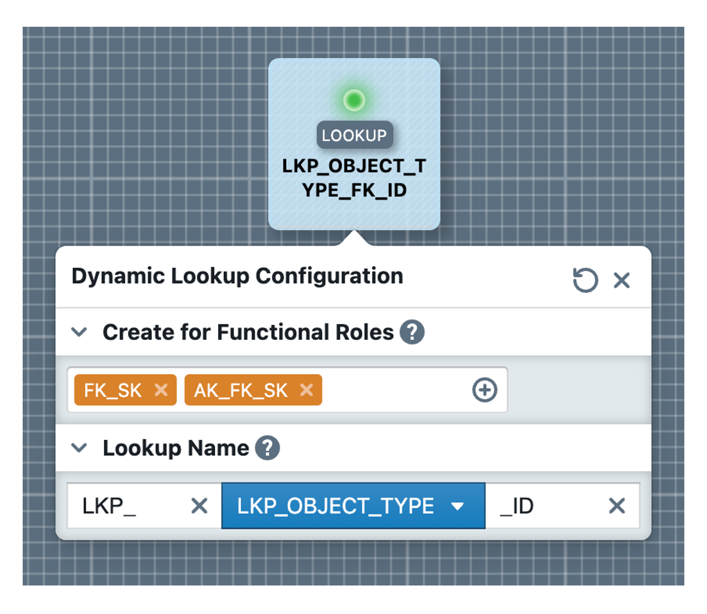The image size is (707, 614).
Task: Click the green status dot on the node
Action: click(x=353, y=100)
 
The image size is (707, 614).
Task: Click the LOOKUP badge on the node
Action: click(x=355, y=135)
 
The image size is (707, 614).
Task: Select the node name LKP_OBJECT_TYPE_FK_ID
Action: click(x=354, y=178)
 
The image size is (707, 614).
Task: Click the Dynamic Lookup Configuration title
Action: click(x=237, y=276)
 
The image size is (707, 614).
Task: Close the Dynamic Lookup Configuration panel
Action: click(x=622, y=281)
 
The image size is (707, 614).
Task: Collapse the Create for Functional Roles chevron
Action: click(x=79, y=332)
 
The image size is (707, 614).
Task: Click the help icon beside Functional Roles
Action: click(x=412, y=332)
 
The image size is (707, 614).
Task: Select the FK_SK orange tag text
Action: click(x=113, y=390)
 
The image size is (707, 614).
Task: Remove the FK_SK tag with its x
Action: click(x=161, y=390)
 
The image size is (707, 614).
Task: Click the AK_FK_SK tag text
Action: click(x=241, y=390)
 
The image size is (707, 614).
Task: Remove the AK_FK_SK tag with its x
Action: click(x=306, y=390)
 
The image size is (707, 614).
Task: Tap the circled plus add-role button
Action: click(x=484, y=390)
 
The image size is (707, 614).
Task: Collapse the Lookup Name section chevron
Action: click(x=79, y=448)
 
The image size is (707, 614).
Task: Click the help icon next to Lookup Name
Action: click(x=267, y=448)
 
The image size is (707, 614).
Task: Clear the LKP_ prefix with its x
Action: click(x=199, y=506)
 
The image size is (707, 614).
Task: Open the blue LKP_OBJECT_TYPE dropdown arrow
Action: click(x=458, y=506)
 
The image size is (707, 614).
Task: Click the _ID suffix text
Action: click(x=517, y=506)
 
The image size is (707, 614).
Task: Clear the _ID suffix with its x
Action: click(x=617, y=506)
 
